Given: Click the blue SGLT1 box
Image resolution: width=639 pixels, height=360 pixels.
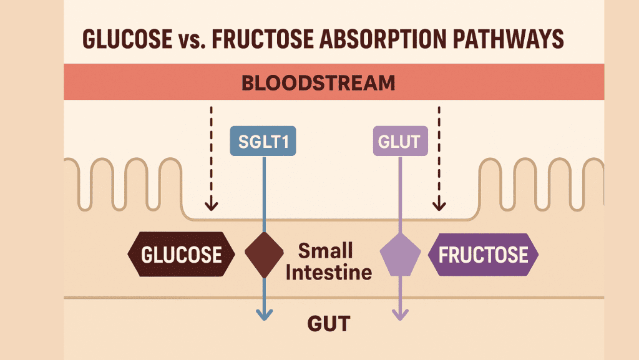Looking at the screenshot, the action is pyautogui.click(x=263, y=141).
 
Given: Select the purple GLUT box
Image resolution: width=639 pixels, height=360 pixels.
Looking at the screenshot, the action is pyautogui.click(x=400, y=141).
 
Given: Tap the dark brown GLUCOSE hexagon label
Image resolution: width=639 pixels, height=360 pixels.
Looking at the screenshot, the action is pyautogui.click(x=182, y=254).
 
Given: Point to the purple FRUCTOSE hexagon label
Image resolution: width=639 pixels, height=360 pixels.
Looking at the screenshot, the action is pyautogui.click(x=484, y=255).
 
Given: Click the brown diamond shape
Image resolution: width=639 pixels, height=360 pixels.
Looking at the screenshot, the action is pyautogui.click(x=264, y=255).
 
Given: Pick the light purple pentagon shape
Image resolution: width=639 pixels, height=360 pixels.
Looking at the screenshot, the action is pyautogui.click(x=400, y=255).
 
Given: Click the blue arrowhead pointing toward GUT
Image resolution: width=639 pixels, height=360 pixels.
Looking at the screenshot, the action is pyautogui.click(x=264, y=314).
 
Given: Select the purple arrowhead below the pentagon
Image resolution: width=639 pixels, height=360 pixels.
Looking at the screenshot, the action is pyautogui.click(x=400, y=314).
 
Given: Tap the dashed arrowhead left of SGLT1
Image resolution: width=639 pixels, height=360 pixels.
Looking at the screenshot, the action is pyautogui.click(x=211, y=205).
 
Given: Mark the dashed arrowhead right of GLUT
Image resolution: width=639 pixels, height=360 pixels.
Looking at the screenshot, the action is pyautogui.click(x=439, y=205).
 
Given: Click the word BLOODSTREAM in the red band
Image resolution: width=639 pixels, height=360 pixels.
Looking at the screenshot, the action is pyautogui.click(x=318, y=83).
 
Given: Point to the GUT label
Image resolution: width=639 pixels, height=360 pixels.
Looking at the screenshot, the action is pyautogui.click(x=329, y=324).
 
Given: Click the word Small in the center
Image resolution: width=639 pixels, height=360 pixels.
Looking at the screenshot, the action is pyautogui.click(x=325, y=251).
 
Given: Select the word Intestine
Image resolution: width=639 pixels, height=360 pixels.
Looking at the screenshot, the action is pyautogui.click(x=329, y=273).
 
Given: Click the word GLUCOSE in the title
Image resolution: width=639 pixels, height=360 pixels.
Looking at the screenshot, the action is pyautogui.click(x=127, y=39).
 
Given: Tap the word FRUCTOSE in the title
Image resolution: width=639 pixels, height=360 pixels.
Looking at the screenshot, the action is pyautogui.click(x=263, y=39).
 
